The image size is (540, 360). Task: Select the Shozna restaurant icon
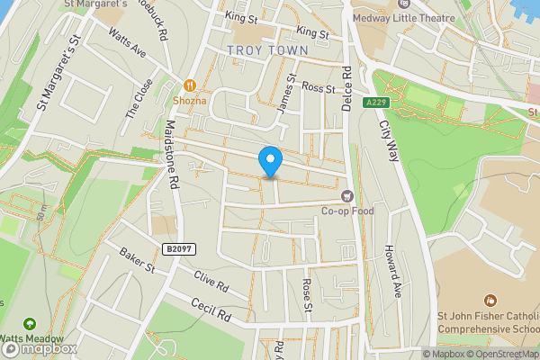pyautogui.click(x=190, y=85)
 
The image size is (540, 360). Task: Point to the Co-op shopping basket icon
pyautogui.click(x=346, y=195)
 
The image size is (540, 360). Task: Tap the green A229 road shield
pyautogui.click(x=376, y=103)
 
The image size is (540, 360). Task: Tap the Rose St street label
pyautogui.click(x=307, y=295)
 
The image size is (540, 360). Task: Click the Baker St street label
pyautogui.click(x=137, y=261)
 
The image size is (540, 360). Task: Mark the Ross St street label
pyautogui.click(x=318, y=88)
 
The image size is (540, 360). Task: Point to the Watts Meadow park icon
pyautogui.click(x=31, y=322)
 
